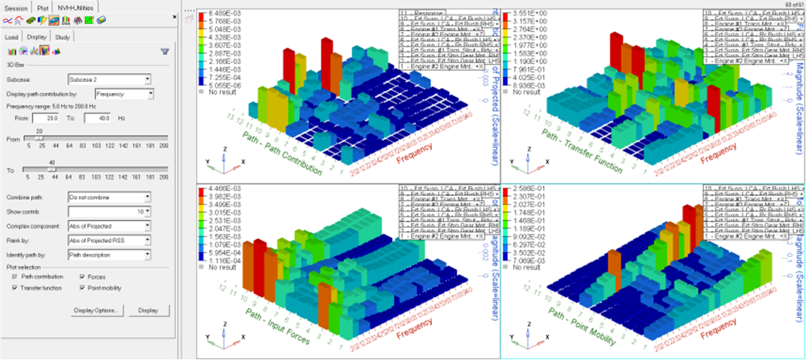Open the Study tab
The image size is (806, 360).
click(63, 36)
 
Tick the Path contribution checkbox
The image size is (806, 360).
click(15, 277)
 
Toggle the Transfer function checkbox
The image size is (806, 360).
click(15, 287)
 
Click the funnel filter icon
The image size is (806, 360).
click(165, 51)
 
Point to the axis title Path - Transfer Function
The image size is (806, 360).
click(593, 150)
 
